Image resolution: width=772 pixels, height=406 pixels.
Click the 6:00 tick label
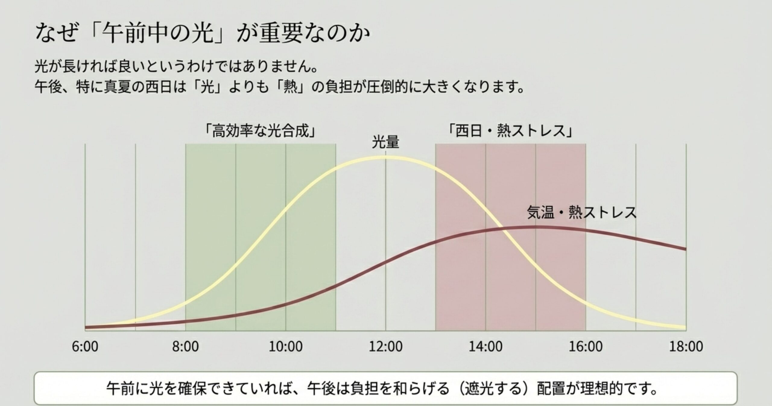click(x=85, y=346)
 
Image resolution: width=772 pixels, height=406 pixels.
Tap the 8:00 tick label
click(x=185, y=346)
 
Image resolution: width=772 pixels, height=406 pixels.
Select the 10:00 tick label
click(x=286, y=346)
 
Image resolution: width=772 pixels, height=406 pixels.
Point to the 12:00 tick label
click(x=386, y=346)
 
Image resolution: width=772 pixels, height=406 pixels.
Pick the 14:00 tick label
click(x=486, y=346)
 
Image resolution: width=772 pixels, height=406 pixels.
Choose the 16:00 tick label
click(x=586, y=346)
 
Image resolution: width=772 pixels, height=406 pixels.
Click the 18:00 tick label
click(x=686, y=346)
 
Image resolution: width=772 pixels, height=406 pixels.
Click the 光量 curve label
click(x=385, y=142)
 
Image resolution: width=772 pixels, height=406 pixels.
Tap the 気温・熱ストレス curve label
click(x=581, y=212)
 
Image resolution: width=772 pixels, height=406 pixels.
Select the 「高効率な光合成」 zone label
click(x=261, y=131)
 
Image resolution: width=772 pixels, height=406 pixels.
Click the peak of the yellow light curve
click(x=386, y=157)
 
